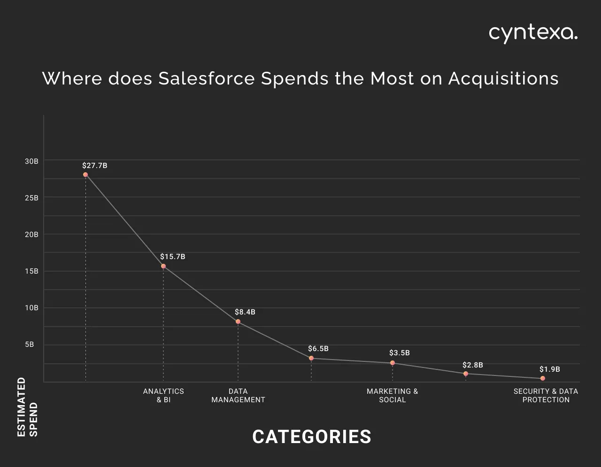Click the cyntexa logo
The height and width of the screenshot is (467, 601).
pos(533,33)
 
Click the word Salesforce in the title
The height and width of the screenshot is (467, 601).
pos(207,78)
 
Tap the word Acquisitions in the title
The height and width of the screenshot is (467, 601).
pos(503,78)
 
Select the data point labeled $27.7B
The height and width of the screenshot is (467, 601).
pos(85,175)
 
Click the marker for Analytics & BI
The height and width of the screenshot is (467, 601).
pos(163,266)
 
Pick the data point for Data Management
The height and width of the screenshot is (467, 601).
pos(238,322)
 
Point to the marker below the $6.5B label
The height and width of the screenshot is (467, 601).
pos(311,358)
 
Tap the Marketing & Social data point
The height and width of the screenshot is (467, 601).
pos(393,363)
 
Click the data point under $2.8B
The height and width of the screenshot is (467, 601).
pos(466,374)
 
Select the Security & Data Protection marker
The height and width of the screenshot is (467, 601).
pos(543,378)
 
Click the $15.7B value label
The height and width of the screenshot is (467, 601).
pos(172,257)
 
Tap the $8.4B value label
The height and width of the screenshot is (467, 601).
pos(245,312)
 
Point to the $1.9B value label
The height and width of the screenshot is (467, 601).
pos(549,369)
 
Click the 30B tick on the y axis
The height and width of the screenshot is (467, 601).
pos(31,161)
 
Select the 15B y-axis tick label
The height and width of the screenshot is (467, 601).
pos(31,271)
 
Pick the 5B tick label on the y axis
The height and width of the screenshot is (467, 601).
pos(29,345)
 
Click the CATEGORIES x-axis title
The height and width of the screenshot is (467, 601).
pos(312,436)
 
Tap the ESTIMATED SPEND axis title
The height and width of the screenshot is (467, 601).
pos(27,407)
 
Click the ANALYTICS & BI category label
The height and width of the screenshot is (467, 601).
pos(163,395)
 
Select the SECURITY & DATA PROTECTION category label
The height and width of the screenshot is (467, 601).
pos(546,395)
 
